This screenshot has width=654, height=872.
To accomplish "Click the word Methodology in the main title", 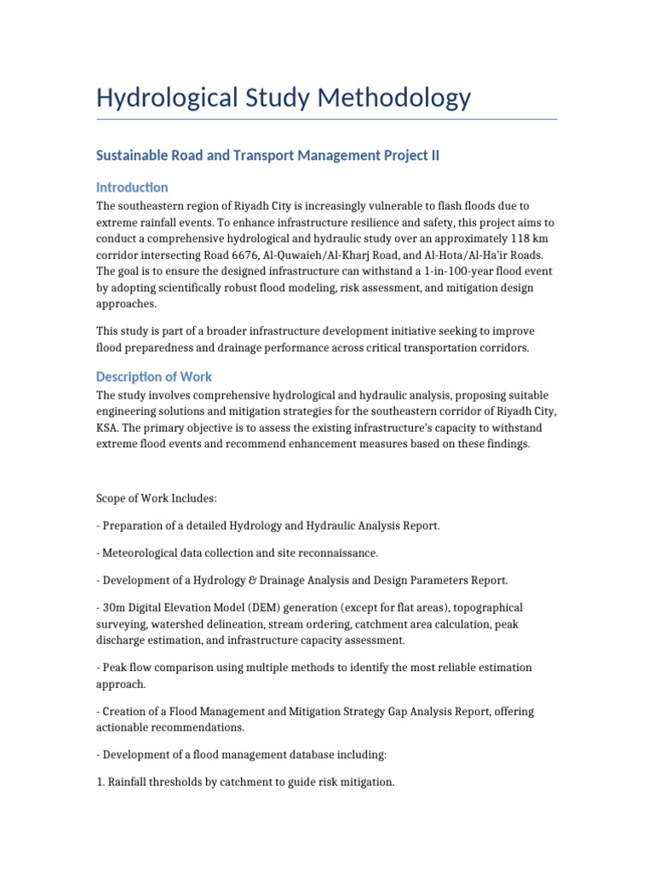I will (394, 97).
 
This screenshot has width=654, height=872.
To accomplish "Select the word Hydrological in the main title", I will (156, 97).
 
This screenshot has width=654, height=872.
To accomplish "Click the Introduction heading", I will (132, 187).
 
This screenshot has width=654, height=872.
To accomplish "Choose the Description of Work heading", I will (154, 376).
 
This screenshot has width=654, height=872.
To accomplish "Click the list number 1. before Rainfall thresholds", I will (100, 782).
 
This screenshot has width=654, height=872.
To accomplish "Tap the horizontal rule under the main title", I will (326, 119).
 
